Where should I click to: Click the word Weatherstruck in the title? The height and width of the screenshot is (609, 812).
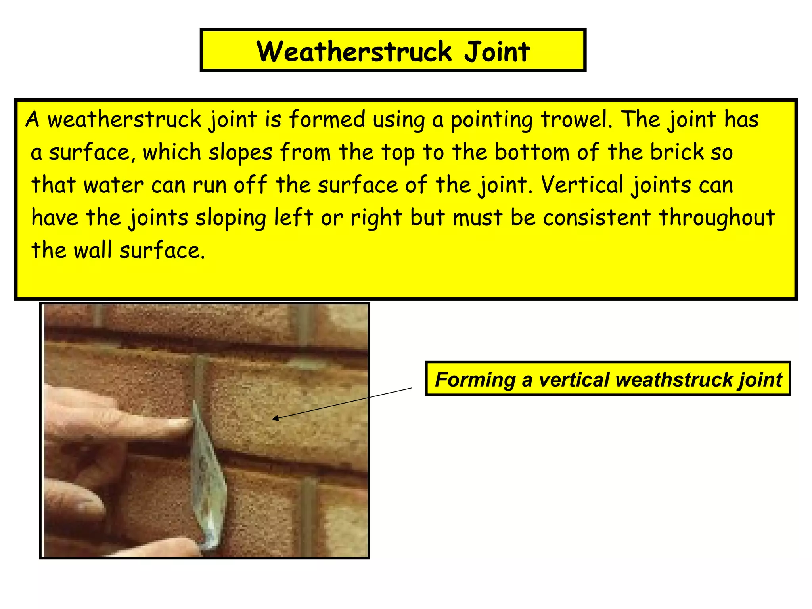point(354,52)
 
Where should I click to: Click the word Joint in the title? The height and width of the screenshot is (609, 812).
point(497,52)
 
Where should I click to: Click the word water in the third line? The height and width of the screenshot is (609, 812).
point(113,185)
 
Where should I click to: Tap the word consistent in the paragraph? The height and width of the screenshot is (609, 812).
point(596,218)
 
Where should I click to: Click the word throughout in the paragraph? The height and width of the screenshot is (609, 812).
point(716,218)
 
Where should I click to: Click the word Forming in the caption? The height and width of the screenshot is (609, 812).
point(475,379)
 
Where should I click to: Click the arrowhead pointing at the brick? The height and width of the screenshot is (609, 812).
point(275,418)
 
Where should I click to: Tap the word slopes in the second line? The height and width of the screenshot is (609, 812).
point(241,152)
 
